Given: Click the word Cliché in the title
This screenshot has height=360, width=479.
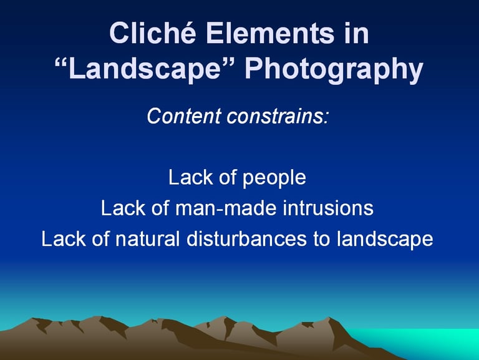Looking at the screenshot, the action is [152, 32].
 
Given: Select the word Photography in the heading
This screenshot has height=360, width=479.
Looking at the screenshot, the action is [334, 69].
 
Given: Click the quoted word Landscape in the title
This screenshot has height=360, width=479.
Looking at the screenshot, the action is [144, 69].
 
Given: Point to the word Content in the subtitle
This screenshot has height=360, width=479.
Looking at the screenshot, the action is [184, 116].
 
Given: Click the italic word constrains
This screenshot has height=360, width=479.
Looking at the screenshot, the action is [277, 116].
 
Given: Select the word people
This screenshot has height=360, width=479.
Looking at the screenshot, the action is [274, 178].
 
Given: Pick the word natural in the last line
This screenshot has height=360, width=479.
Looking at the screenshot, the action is [148, 239].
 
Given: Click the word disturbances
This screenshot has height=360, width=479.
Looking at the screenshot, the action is [246, 239].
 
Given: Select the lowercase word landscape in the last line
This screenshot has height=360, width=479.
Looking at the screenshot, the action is [385, 239].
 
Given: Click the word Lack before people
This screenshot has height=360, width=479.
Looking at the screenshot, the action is [191, 177].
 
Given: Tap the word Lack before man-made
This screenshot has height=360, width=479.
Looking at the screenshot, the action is [123, 208].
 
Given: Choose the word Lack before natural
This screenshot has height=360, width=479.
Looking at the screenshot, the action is [64, 239].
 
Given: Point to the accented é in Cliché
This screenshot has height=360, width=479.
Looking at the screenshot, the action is [186, 32].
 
